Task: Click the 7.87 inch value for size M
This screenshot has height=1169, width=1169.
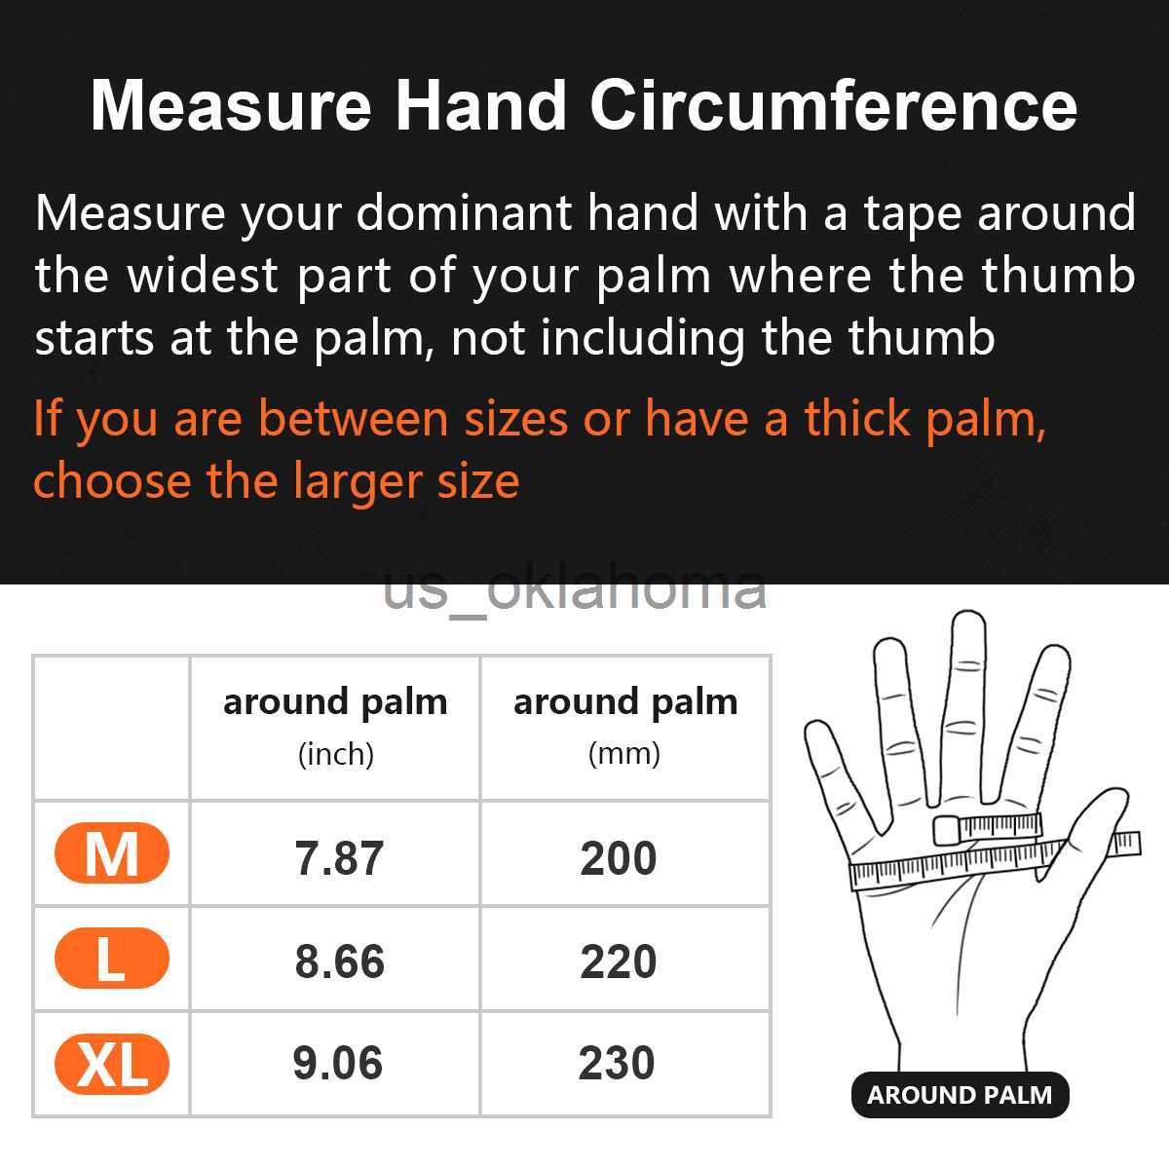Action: [x=339, y=858]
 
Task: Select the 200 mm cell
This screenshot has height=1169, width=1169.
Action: [x=619, y=858]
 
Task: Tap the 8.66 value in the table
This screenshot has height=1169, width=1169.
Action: [x=339, y=962]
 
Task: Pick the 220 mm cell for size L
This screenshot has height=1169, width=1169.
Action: [x=619, y=962]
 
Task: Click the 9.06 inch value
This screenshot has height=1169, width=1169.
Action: [x=337, y=1063]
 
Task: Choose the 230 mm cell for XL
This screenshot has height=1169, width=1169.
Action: [x=617, y=1063]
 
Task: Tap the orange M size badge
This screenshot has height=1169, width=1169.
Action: [x=112, y=854]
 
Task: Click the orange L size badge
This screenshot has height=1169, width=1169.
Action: [x=112, y=959]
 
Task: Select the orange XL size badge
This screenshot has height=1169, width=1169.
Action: [x=112, y=1065]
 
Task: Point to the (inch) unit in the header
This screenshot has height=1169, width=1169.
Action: [x=335, y=754]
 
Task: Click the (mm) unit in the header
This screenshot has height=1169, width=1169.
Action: [x=624, y=754]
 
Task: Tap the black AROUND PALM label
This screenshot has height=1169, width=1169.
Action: [x=960, y=1095]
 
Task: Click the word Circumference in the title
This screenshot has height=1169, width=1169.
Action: [x=833, y=105]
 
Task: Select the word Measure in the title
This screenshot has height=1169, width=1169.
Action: [x=231, y=105]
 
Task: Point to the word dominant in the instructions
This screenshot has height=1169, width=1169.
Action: [x=466, y=213]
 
